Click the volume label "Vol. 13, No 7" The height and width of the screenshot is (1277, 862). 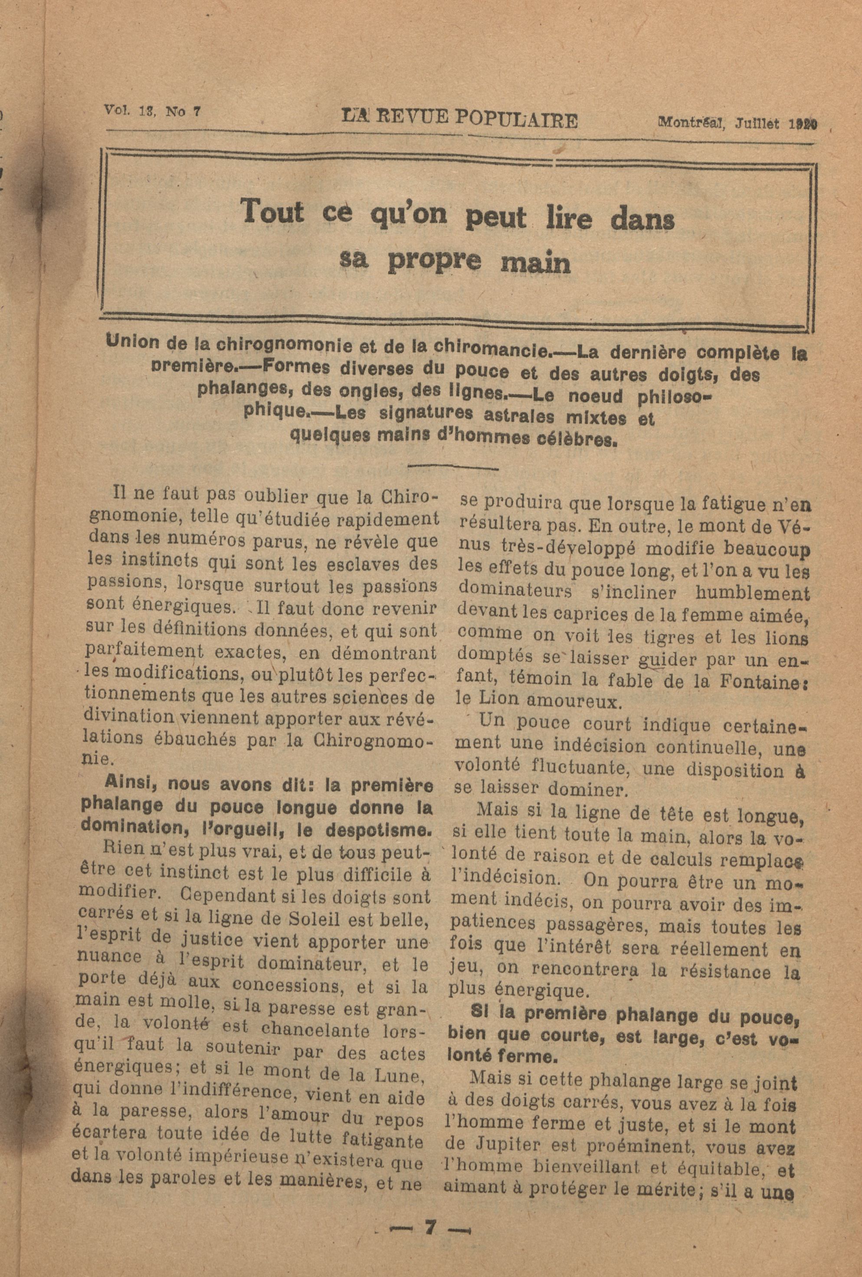[152, 111]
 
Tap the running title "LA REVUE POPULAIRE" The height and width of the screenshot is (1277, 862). [459, 119]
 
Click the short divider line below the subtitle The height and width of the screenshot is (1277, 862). [453, 468]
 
